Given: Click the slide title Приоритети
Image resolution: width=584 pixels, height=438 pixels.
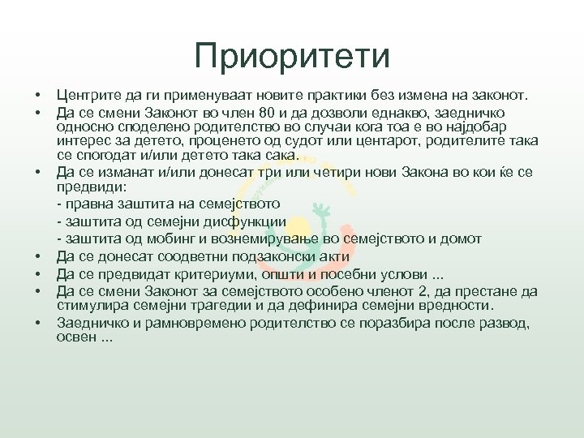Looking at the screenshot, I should (292, 57).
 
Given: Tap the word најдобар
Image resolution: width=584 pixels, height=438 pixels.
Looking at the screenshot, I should (479, 127).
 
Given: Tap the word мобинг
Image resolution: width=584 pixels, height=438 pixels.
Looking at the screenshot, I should (161, 238).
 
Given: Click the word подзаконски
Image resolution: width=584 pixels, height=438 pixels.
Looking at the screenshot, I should (279, 257).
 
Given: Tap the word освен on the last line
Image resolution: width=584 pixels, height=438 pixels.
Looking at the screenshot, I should (75, 337).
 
